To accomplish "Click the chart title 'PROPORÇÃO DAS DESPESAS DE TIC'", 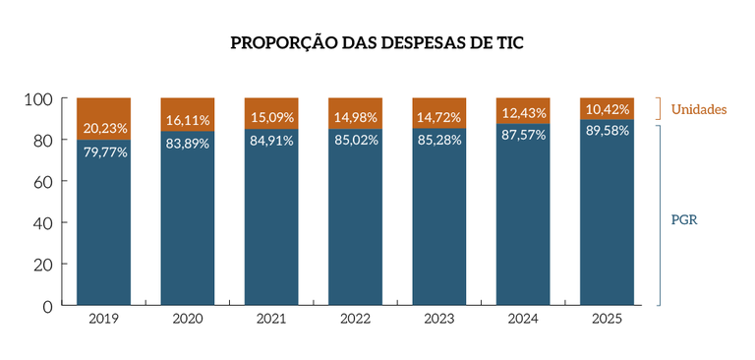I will pos(377,43).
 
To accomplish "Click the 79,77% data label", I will pos(103,151).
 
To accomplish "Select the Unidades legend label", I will pos(699,108).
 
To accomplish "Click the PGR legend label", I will pos(684,219).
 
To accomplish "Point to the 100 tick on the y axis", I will pos(37,99).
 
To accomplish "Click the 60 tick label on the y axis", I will pos(42,182).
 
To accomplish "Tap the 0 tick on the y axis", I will pos(47,305).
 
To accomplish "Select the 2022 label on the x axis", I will pos(355,320).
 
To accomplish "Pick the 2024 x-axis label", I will pos(523,320).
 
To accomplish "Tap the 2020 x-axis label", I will pos(188,320).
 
